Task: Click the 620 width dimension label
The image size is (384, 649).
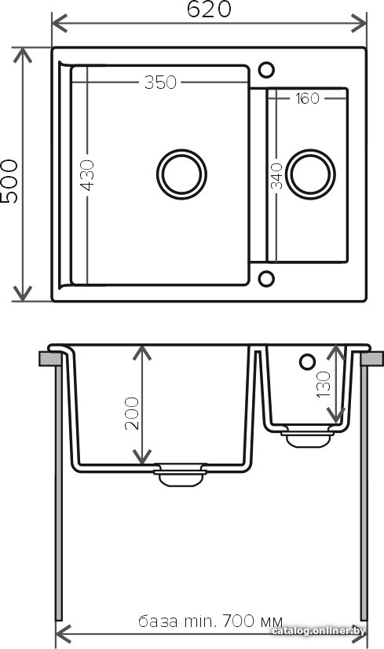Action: point(209,9)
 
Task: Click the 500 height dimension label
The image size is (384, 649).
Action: point(9,181)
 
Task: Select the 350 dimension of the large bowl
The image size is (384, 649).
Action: point(160,82)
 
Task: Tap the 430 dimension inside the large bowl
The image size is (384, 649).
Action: point(87,175)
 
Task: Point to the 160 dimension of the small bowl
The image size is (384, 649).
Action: point(308,98)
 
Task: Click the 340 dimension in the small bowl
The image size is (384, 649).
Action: point(277,176)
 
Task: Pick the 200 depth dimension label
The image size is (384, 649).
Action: point(132,413)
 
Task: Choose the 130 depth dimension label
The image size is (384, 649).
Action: point(324,384)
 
